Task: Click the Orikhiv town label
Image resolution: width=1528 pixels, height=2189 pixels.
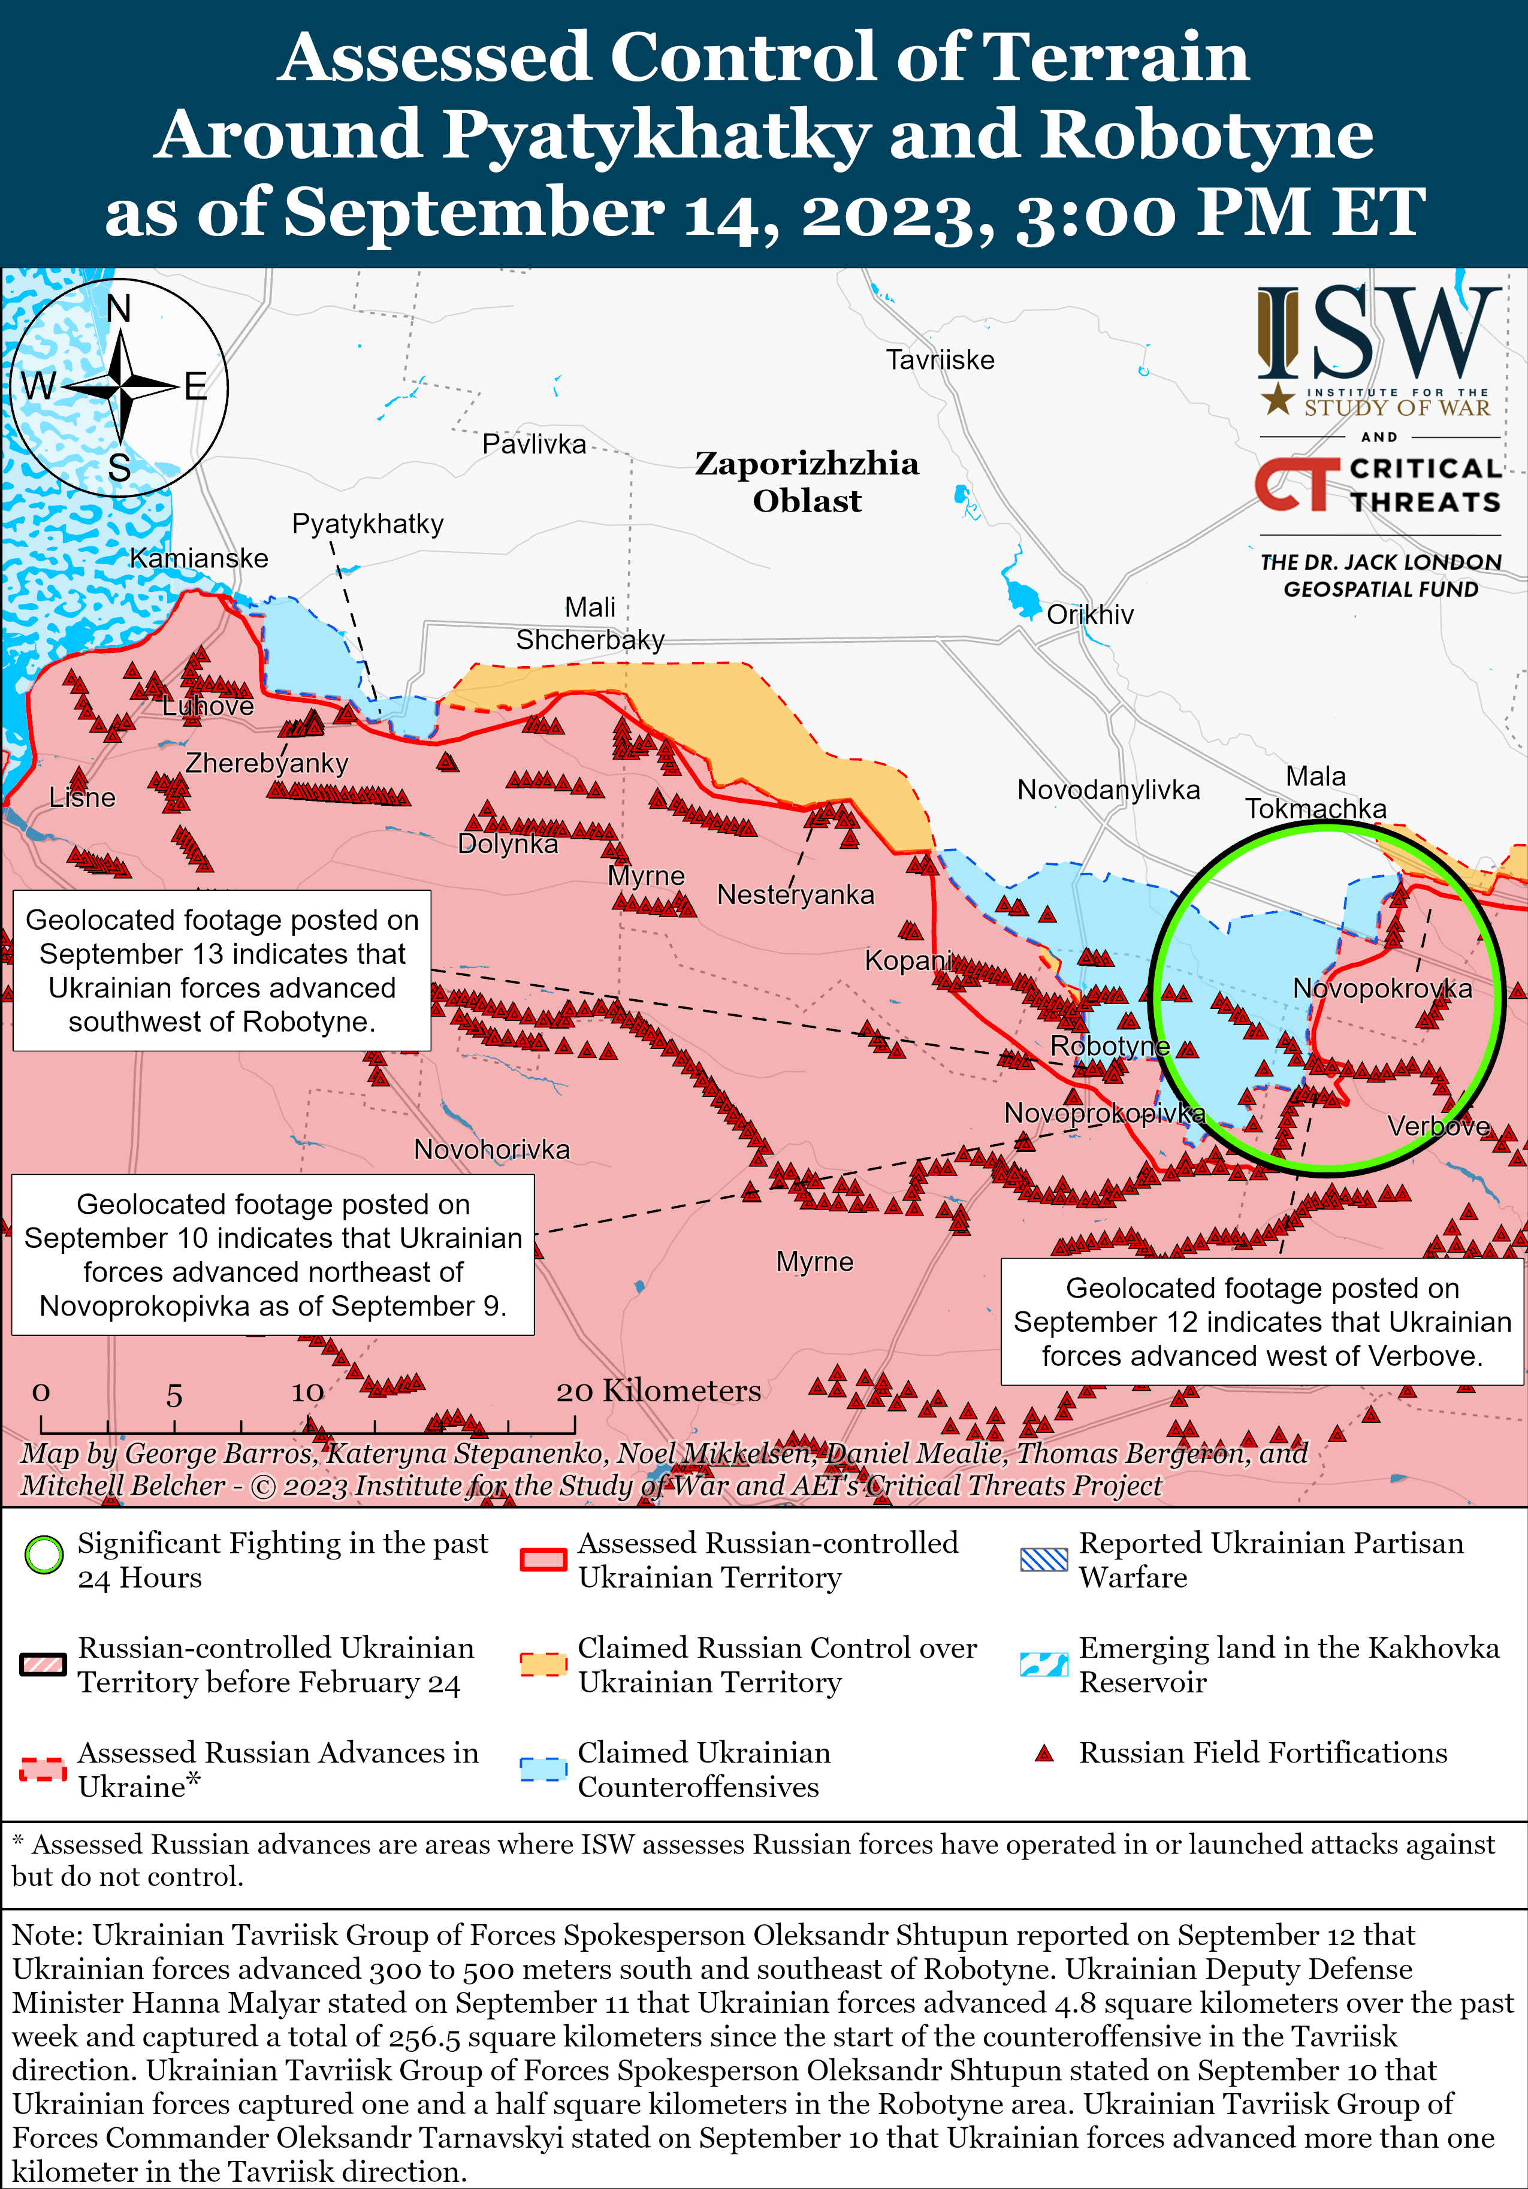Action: click(x=1089, y=615)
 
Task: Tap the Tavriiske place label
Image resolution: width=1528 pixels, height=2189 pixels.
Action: click(x=940, y=361)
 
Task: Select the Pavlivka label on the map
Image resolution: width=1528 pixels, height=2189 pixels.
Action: click(x=533, y=445)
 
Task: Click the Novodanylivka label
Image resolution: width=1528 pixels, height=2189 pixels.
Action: click(x=1109, y=790)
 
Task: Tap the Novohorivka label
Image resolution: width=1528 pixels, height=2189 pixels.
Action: click(x=491, y=1150)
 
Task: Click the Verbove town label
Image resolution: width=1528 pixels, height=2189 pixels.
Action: click(x=1438, y=1127)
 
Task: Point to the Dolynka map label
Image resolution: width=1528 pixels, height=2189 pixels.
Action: click(x=508, y=845)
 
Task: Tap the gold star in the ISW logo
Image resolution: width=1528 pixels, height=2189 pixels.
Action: click(x=1278, y=400)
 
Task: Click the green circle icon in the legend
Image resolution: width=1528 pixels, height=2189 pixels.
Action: click(x=44, y=1555)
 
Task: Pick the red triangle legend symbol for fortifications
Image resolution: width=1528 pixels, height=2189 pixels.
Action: click(x=1044, y=1753)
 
